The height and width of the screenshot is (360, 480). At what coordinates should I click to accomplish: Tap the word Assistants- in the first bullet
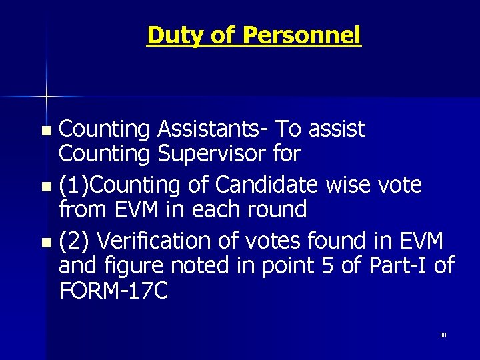click(213, 128)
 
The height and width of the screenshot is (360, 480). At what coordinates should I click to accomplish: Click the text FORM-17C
click(113, 291)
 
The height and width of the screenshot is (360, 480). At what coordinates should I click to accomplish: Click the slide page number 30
click(443, 335)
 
